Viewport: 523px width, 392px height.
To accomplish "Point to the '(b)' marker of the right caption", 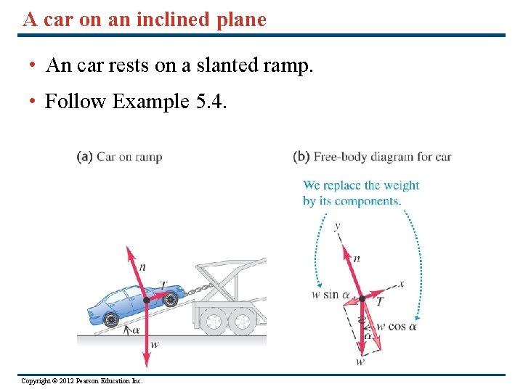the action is tap(301, 156).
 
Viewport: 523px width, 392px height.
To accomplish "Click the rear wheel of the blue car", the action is tap(110, 318).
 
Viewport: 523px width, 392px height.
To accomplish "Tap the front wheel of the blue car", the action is tap(171, 298).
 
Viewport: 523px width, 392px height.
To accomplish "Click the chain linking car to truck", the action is tap(192, 291).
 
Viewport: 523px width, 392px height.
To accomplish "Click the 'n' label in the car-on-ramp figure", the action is tap(142, 266).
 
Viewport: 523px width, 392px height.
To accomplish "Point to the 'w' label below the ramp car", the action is tap(155, 344).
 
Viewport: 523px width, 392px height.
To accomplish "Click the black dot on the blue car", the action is tap(147, 299).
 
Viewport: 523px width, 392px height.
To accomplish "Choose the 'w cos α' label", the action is tap(397, 327).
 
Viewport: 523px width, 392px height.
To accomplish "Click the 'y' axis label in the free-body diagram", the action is tap(337, 226).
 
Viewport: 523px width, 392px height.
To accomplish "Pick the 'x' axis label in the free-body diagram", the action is tap(401, 283).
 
